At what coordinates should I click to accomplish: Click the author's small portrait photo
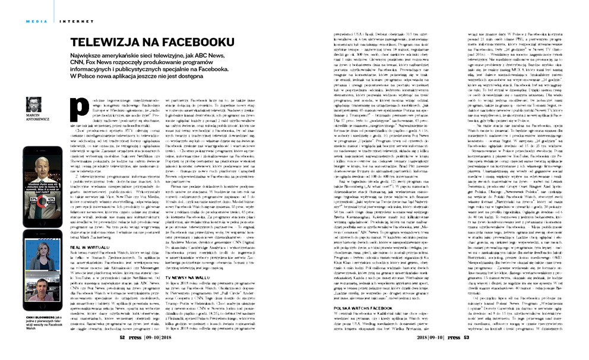coord(34,103)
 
